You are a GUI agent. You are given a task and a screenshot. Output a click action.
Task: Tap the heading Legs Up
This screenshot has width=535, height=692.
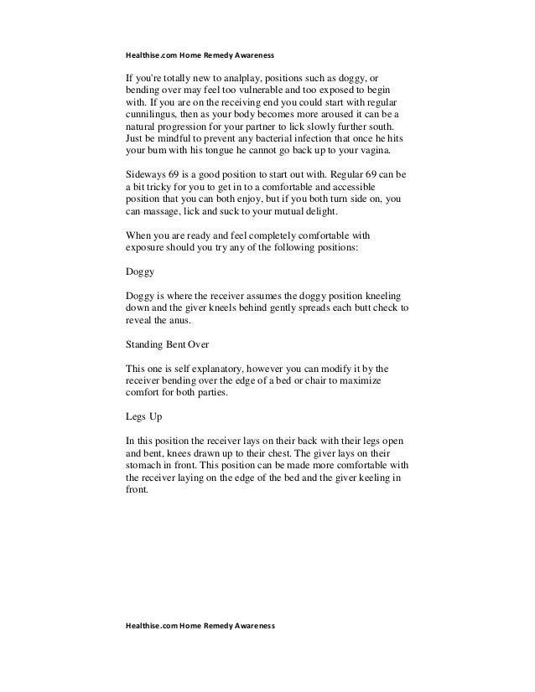[143, 416]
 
